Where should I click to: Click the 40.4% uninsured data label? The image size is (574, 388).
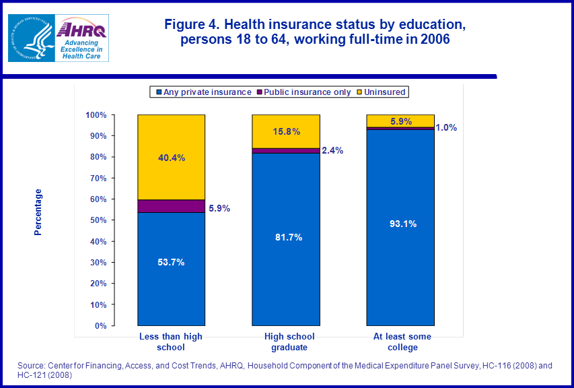[x=171, y=158]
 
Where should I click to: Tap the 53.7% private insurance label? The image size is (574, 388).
[x=171, y=262]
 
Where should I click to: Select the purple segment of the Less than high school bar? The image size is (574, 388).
[x=171, y=206]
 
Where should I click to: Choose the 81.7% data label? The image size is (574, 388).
[x=286, y=237]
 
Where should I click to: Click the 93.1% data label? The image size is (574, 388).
[x=400, y=224]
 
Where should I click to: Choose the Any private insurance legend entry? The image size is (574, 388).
[x=203, y=92]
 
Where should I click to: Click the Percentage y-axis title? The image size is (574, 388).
[x=38, y=212]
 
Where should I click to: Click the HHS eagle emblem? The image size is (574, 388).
[x=30, y=39]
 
